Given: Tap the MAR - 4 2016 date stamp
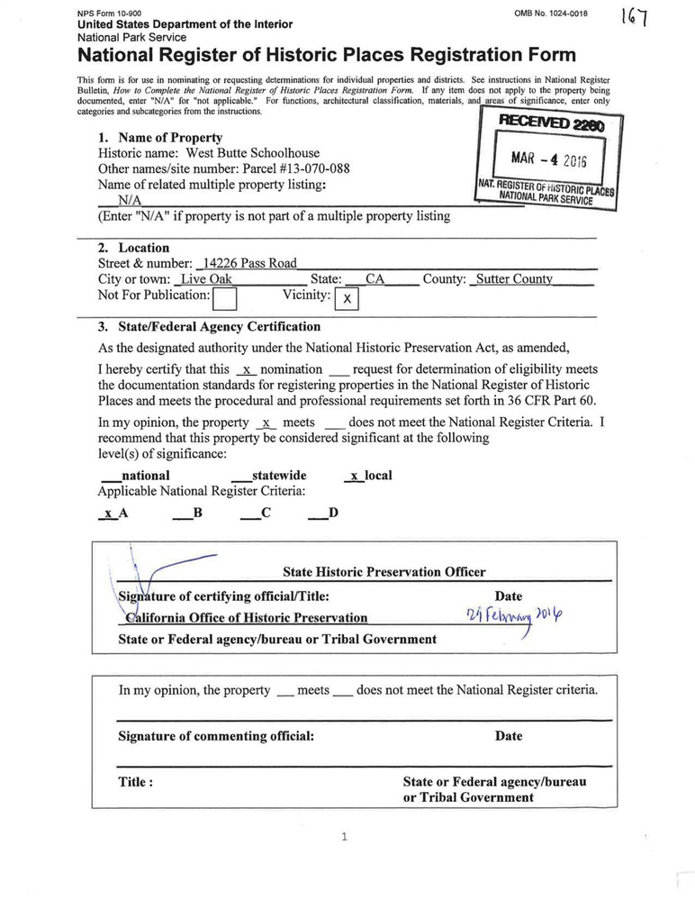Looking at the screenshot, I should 548,159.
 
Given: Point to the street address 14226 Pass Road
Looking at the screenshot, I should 249,263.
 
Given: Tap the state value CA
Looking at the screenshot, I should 375,279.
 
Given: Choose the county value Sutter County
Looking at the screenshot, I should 513,279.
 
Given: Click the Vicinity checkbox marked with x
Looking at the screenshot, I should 347,298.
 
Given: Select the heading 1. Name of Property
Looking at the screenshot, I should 160,138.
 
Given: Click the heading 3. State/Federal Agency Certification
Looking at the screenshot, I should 209,327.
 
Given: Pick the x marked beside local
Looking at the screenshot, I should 355,475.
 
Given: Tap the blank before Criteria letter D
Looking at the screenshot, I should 317,514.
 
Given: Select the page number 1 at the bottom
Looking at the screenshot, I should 345,837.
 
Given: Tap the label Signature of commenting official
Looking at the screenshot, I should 216,736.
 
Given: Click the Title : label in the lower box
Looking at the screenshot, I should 136,782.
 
